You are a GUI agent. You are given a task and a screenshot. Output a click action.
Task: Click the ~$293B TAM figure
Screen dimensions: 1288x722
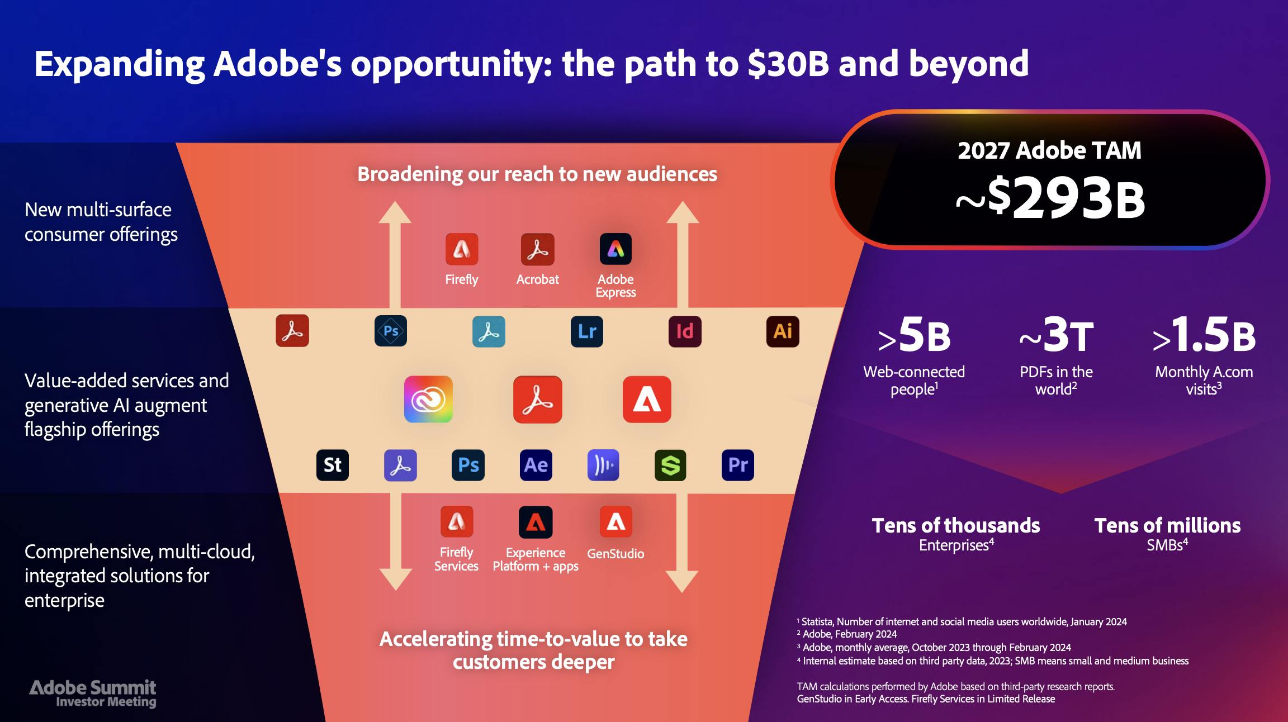click(1050, 198)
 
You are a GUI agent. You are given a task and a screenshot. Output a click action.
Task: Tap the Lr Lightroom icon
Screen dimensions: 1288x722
click(587, 331)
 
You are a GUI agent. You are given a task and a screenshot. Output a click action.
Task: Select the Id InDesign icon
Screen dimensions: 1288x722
click(685, 331)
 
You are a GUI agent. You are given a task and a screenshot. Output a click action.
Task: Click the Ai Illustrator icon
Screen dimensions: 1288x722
click(783, 331)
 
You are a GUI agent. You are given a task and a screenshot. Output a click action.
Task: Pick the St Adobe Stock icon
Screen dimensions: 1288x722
click(333, 465)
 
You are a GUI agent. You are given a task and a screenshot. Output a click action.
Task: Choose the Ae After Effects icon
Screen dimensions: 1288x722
click(536, 465)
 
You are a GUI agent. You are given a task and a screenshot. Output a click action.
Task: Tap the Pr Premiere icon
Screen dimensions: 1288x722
click(738, 465)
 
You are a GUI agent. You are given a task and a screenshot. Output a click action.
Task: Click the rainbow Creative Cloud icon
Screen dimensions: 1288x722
click(428, 400)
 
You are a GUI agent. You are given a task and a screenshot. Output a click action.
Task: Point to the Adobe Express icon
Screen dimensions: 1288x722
click(615, 249)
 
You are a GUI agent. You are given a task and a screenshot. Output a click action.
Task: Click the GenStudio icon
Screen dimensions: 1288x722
click(616, 522)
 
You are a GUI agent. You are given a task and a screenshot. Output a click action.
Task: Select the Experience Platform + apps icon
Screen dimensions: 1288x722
click(536, 522)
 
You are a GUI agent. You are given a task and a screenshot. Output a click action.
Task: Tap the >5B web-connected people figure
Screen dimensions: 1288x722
click(914, 335)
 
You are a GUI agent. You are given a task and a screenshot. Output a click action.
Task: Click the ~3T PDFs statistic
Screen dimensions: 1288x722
click(1056, 335)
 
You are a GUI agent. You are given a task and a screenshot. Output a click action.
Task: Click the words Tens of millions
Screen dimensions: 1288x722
click(1167, 525)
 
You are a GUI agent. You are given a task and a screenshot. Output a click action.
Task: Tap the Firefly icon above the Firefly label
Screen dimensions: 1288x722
click(461, 249)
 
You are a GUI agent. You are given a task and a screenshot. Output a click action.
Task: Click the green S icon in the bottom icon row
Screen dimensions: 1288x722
click(670, 465)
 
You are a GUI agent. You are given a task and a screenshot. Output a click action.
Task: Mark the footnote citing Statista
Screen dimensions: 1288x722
click(962, 621)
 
